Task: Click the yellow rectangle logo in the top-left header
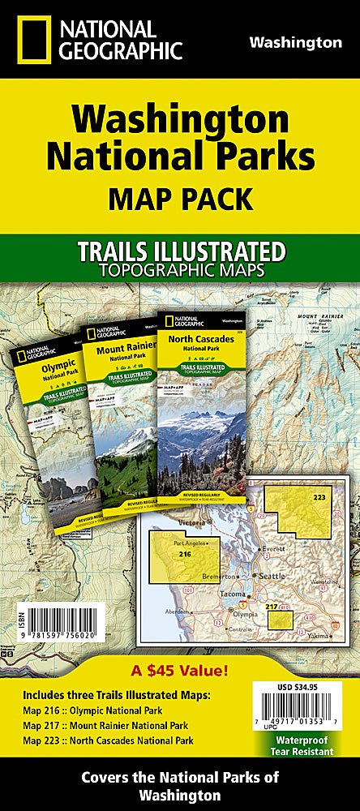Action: point(28,40)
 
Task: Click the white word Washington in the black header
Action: point(295,42)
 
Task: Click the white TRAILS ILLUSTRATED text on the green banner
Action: point(179,251)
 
